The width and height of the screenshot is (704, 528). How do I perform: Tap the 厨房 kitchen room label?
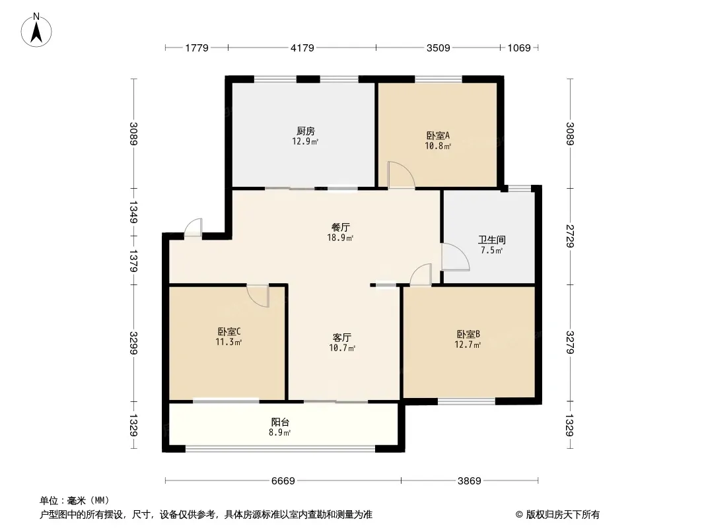[305, 131]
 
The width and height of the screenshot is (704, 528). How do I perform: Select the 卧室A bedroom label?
[438, 135]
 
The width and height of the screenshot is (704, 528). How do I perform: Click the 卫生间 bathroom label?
[492, 240]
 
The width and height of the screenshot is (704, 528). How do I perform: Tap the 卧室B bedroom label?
[468, 334]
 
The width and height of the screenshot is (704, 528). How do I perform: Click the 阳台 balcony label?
[280, 422]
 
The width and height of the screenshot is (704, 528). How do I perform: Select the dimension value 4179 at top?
[302, 48]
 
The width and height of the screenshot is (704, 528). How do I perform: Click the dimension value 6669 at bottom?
[283, 480]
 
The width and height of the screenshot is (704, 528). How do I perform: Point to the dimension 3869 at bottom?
[470, 480]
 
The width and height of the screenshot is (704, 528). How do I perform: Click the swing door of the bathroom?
[454, 257]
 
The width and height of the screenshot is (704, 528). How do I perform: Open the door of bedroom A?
[400, 176]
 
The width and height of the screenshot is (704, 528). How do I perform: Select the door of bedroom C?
[259, 295]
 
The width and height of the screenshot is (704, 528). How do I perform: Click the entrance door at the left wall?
[193, 228]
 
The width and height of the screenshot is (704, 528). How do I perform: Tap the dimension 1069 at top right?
[519, 48]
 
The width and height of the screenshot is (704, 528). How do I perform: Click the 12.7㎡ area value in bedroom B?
[468, 345]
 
